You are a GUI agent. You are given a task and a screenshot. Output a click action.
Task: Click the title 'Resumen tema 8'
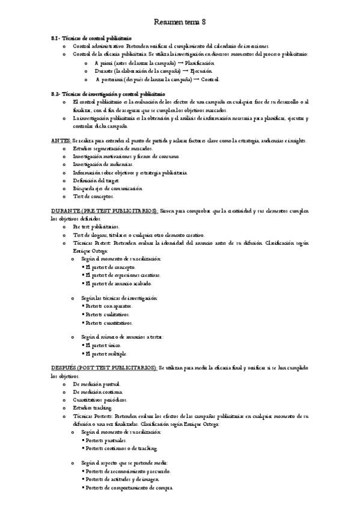click(x=180, y=22)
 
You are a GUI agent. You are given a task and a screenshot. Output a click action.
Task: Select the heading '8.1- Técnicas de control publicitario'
click(x=91, y=38)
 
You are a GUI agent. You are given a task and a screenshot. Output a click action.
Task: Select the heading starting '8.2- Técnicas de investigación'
click(x=108, y=94)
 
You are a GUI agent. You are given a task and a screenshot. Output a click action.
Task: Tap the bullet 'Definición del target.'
click(x=96, y=180)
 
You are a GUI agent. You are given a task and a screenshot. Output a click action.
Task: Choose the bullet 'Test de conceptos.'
click(x=93, y=196)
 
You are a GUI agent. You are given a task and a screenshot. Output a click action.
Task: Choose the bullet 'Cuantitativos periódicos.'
click(x=100, y=399)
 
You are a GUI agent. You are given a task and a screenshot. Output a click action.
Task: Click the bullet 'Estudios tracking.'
click(x=92, y=407)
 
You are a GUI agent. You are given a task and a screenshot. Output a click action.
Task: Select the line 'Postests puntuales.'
click(x=107, y=440)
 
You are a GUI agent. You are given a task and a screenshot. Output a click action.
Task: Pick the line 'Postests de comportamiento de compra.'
click(x=129, y=488)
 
